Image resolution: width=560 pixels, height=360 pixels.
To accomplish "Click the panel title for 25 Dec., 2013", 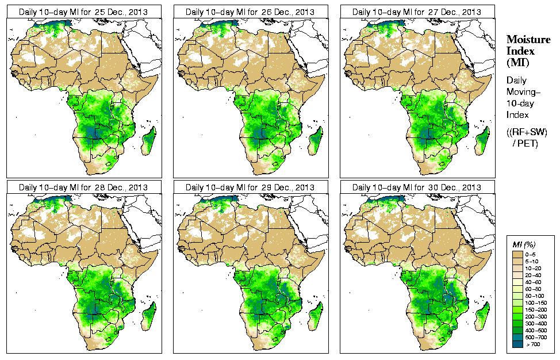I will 82,12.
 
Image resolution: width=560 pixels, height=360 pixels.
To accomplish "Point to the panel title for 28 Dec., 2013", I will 82,187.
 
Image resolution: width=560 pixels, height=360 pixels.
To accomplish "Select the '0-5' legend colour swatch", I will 517,253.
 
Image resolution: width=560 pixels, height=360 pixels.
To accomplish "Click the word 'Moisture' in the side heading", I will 528,39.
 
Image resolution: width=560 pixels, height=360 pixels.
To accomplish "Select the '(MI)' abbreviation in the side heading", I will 517,62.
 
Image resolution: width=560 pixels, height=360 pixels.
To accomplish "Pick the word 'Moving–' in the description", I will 521,92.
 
